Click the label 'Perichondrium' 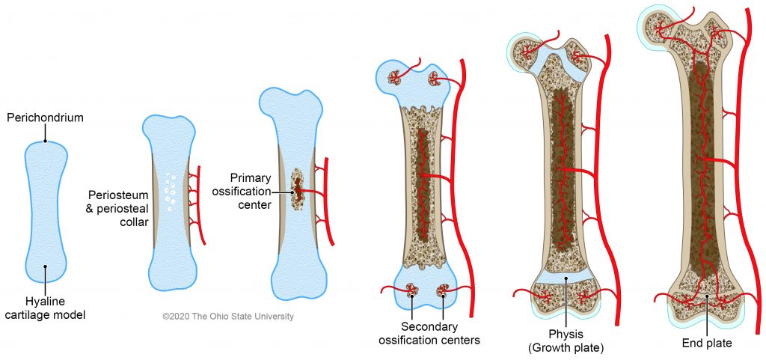click(45, 118)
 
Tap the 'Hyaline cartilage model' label click(45, 308)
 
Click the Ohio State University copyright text click(228, 317)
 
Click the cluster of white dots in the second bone click(171, 193)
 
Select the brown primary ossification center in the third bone click(298, 188)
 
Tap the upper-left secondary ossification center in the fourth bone click(394, 77)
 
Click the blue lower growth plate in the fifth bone click(566, 278)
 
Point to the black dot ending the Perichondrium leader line click(46, 141)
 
